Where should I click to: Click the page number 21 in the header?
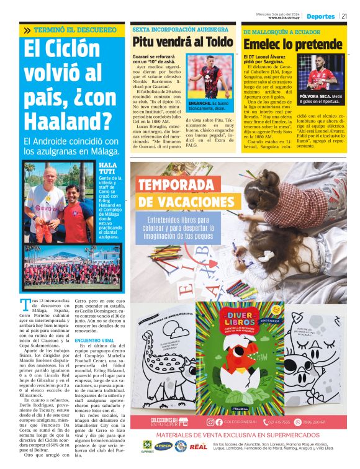tap(344, 17)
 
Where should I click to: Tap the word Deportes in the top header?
tap(320, 17)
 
